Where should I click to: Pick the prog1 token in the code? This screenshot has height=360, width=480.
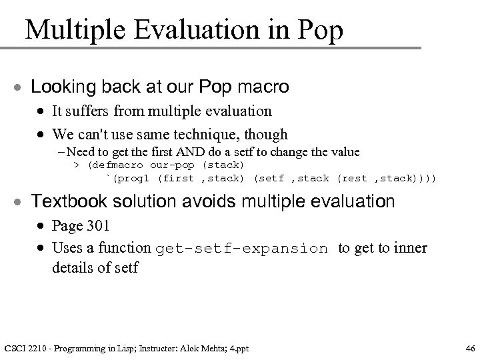(137, 178)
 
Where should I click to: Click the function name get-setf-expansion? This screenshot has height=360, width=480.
(242, 249)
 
